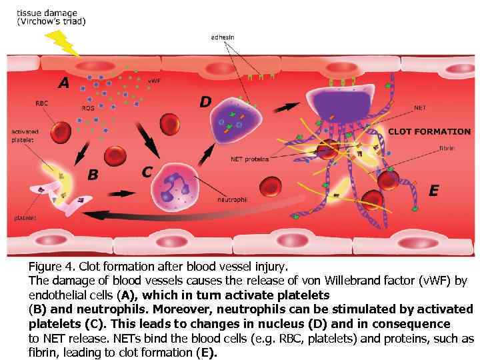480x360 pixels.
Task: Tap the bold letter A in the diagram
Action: (x=63, y=83)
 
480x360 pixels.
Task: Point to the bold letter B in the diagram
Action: (x=93, y=175)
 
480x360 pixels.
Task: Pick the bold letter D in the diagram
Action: (x=206, y=102)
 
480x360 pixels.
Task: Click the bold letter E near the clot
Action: (x=433, y=191)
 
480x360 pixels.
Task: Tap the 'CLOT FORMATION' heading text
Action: (x=429, y=132)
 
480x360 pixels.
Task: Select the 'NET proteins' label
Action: (x=250, y=159)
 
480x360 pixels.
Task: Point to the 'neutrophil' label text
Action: (x=233, y=199)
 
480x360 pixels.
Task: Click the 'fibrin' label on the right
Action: (x=447, y=148)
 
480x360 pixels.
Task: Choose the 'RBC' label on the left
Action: (x=41, y=103)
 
